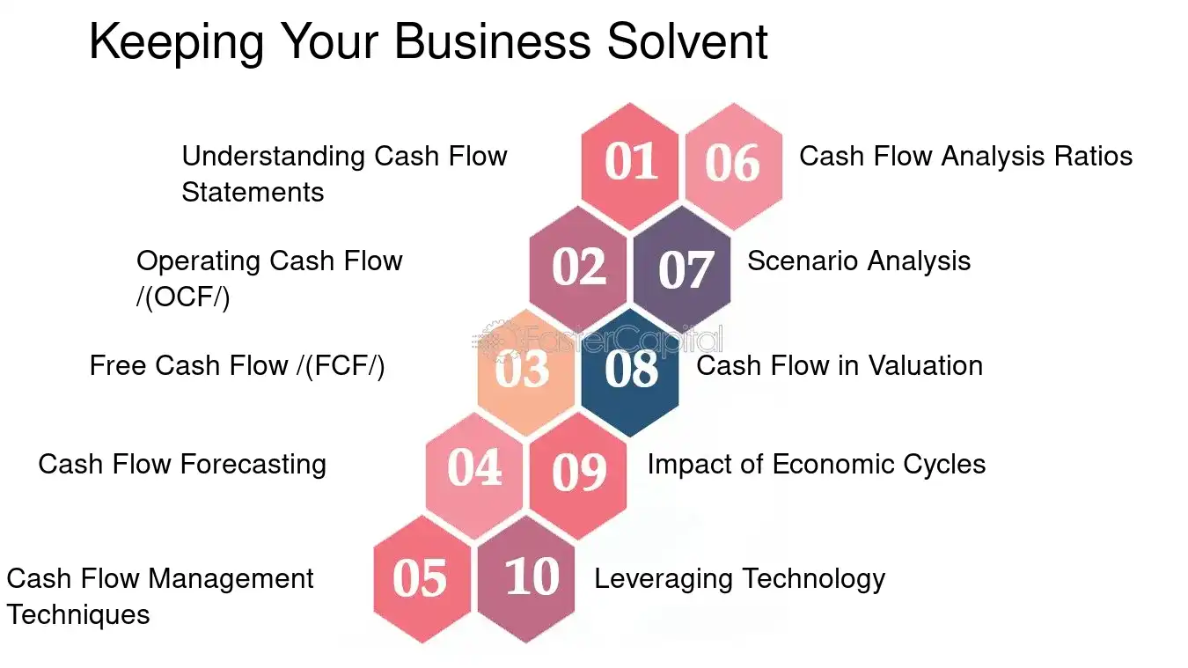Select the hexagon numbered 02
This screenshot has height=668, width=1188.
[x=578, y=268]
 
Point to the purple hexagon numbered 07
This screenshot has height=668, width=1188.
[x=682, y=268]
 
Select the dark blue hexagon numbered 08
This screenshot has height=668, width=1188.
[x=630, y=371]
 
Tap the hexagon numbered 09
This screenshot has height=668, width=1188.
[x=578, y=473]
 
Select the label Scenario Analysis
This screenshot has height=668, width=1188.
[x=858, y=261]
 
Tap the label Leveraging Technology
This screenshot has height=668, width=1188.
[x=739, y=579]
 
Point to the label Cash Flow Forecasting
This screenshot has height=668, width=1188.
[x=182, y=464]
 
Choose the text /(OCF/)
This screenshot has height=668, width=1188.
[x=183, y=297]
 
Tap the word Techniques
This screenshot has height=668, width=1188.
[x=78, y=614]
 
